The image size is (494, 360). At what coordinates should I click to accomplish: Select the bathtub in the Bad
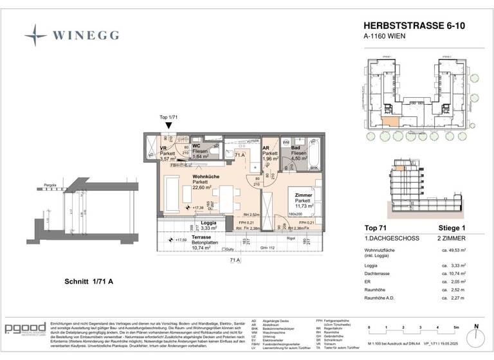point(315,153)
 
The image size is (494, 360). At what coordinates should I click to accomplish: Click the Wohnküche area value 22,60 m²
point(205,188)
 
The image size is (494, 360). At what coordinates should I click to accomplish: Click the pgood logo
point(24,329)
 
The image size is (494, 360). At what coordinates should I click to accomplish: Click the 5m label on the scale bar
point(455,328)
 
